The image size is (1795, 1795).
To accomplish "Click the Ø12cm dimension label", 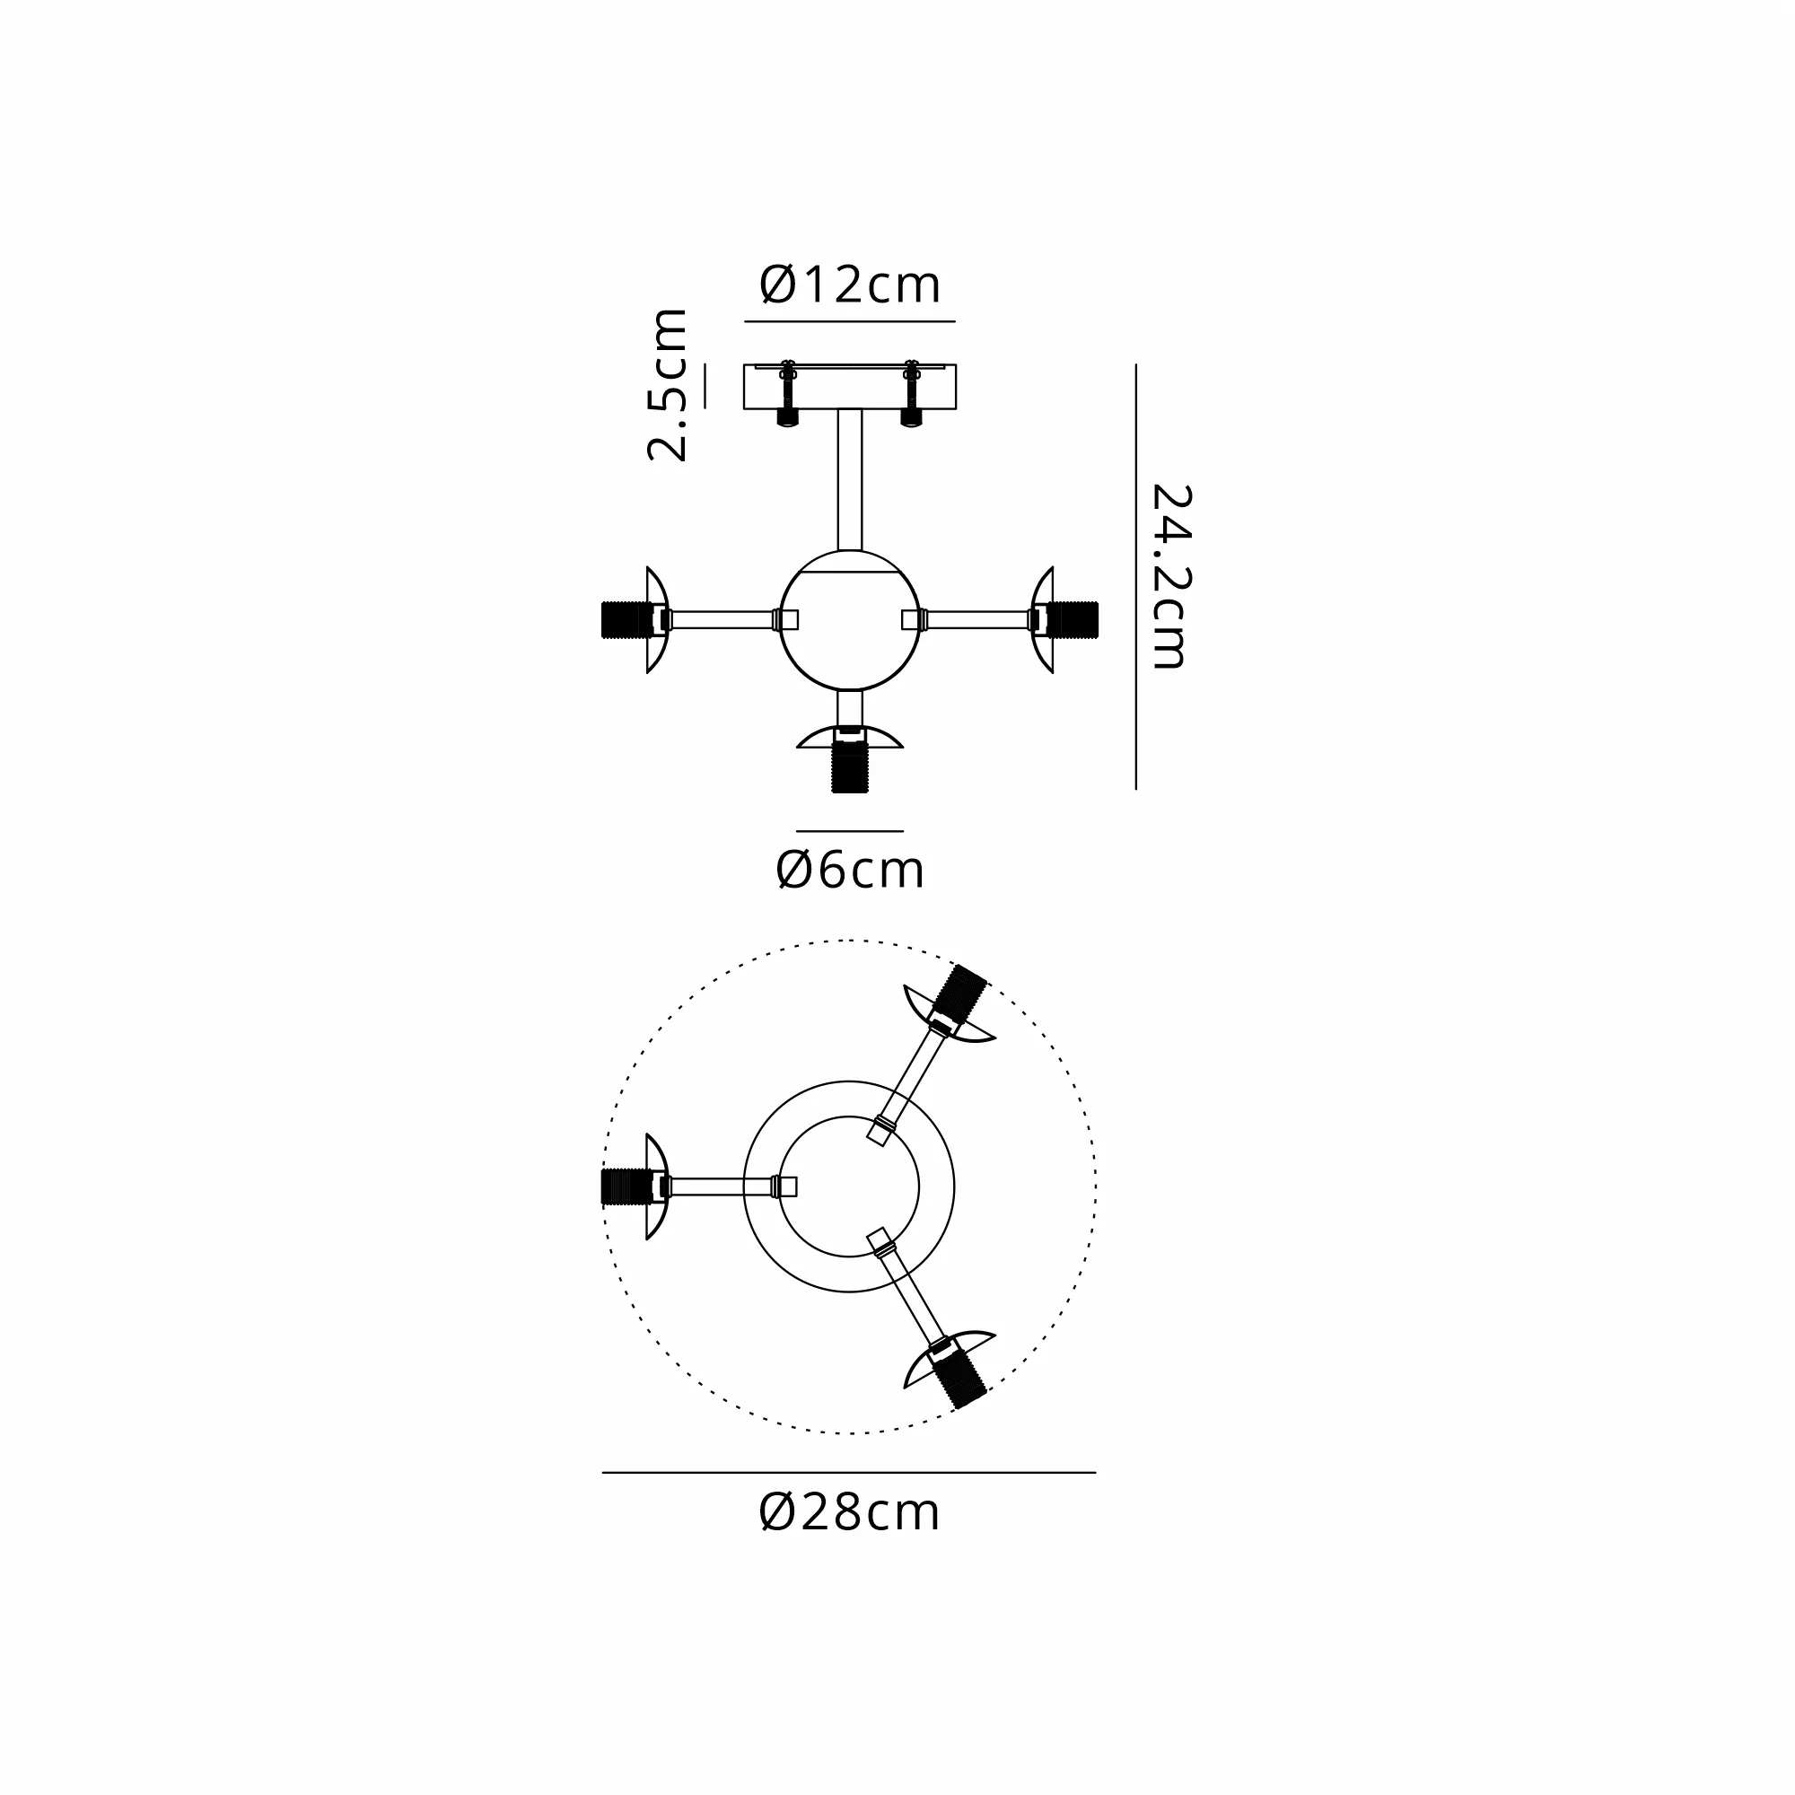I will pyautogui.click(x=849, y=285).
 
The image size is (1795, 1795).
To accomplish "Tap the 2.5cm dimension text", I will pyautogui.click(x=668, y=385).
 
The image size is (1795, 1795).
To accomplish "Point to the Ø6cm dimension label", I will pyautogui.click(x=849, y=871).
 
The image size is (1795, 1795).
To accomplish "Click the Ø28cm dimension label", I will pyautogui.click(x=849, y=1512).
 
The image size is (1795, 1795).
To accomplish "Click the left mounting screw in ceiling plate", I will pyautogui.click(x=787, y=393).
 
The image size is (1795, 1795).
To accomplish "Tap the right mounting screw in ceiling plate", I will pyautogui.click(x=910, y=393).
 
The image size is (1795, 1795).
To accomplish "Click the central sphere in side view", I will pyautogui.click(x=849, y=632).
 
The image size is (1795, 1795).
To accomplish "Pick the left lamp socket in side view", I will pyautogui.click(x=627, y=619).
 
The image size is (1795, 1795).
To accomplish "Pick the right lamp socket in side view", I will pyautogui.click(x=1073, y=619).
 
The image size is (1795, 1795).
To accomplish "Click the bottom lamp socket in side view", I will pyautogui.click(x=849, y=766).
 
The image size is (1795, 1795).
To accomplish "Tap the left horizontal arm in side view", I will pyautogui.click(x=722, y=619).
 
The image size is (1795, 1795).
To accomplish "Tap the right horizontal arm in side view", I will pyautogui.click(x=977, y=619).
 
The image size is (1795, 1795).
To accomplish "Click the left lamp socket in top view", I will pyautogui.click(x=627, y=1186).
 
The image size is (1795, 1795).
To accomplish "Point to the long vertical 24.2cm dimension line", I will pyautogui.click(x=1135, y=576).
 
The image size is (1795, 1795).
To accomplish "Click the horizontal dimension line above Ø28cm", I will pyautogui.click(x=849, y=1473).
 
